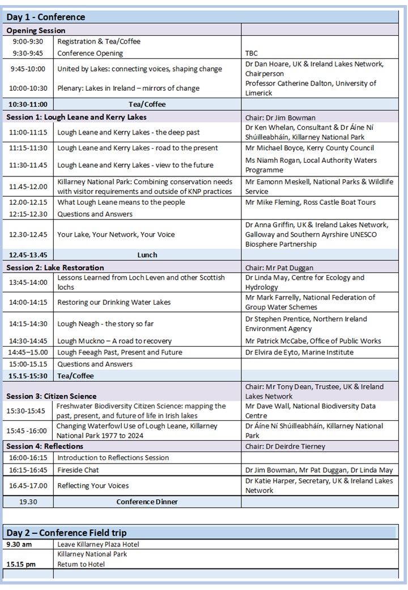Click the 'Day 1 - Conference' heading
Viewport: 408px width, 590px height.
click(45, 17)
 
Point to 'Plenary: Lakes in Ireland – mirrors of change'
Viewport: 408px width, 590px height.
click(128, 88)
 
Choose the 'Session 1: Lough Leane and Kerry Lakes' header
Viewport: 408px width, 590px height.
click(76, 117)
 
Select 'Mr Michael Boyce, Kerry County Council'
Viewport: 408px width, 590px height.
click(309, 148)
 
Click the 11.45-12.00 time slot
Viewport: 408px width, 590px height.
click(28, 186)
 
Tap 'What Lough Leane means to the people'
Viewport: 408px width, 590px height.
click(121, 203)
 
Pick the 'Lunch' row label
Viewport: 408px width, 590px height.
click(147, 255)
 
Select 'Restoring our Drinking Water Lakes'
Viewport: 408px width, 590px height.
click(114, 302)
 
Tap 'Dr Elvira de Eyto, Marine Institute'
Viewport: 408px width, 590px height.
click(299, 352)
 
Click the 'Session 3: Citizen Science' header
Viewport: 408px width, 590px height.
click(52, 396)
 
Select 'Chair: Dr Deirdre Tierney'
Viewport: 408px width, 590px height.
click(285, 446)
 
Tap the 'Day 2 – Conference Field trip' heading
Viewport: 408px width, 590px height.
click(66, 533)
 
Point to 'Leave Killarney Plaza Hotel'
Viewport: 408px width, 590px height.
click(98, 545)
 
